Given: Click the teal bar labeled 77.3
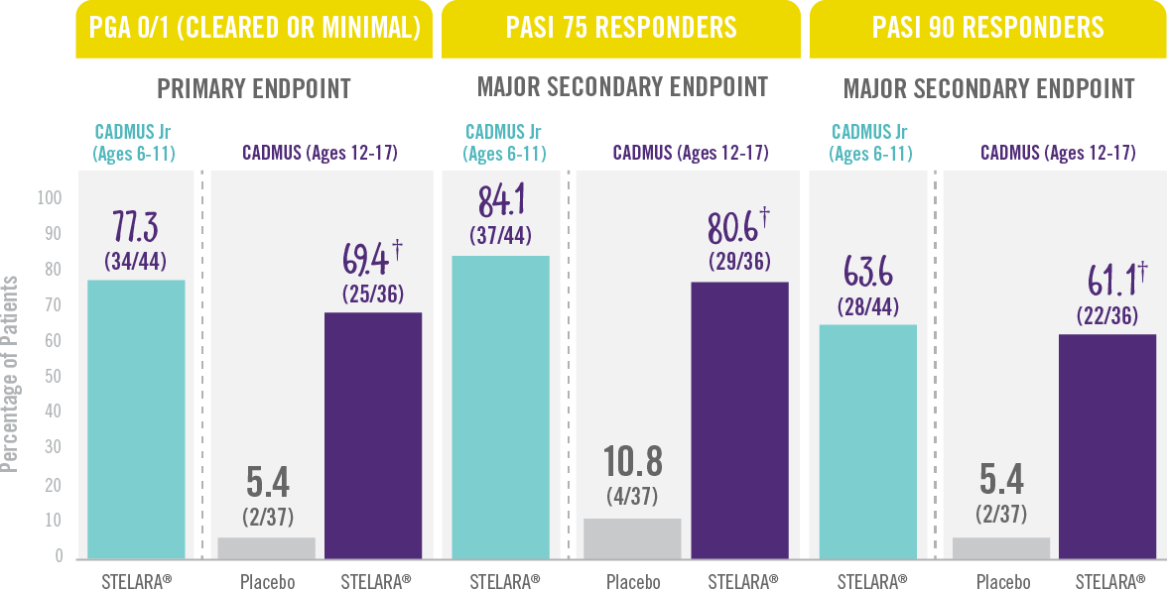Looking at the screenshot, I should coord(136,418).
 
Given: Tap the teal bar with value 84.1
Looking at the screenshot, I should coord(501,407).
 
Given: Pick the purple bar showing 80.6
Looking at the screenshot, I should coord(739,419).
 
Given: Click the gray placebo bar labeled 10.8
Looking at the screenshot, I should coord(633,537).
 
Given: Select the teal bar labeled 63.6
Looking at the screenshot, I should coord(867,440).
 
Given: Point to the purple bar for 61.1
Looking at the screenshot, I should coord(1105,445).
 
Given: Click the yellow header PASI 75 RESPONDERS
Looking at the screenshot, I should coord(620,27).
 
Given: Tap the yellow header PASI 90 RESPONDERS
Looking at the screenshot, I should coord(987,27).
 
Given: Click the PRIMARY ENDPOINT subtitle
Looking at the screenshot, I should coord(254,88).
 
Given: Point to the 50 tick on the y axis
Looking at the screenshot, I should coord(52,377).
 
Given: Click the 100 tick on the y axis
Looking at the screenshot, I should coord(48,198).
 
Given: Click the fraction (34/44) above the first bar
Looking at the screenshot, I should coord(135,261).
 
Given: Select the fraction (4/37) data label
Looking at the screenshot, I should coord(632,496).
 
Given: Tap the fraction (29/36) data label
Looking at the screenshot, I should coord(739,263).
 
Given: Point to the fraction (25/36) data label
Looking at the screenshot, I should coord(373,294).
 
